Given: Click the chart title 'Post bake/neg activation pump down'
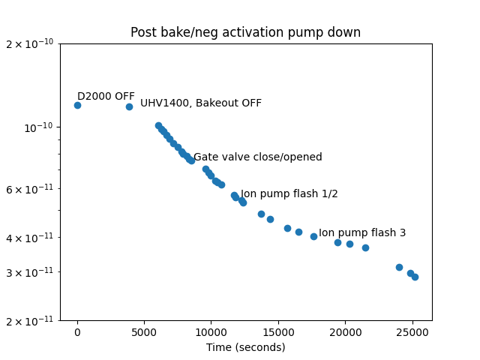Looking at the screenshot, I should pos(245,32).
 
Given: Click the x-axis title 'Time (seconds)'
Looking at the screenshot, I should pos(245,347).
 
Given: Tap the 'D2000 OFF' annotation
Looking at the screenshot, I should pos(106,96).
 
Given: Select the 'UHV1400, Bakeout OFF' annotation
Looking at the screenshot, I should pos(201,103).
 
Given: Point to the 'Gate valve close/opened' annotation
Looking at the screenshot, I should pos(257,157).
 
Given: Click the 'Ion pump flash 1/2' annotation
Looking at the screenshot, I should pos(289,193).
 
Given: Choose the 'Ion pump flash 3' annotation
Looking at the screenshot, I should pos(362,232).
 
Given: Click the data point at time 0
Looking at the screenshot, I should pos(77,105).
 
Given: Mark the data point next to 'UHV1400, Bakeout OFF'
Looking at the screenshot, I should pos(129,106).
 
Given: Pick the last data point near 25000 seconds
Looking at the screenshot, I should pos(415,277).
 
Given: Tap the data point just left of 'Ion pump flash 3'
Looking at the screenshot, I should pos(313,236).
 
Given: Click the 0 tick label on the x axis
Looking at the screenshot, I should pos(77,332).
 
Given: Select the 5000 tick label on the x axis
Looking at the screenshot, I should pos(144,332).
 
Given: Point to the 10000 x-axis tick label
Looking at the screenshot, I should pos(211,332).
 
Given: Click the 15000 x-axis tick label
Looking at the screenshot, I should pos(278,332).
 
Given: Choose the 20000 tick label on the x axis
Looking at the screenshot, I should pos(345,332).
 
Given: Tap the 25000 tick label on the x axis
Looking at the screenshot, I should pos(412,332).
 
